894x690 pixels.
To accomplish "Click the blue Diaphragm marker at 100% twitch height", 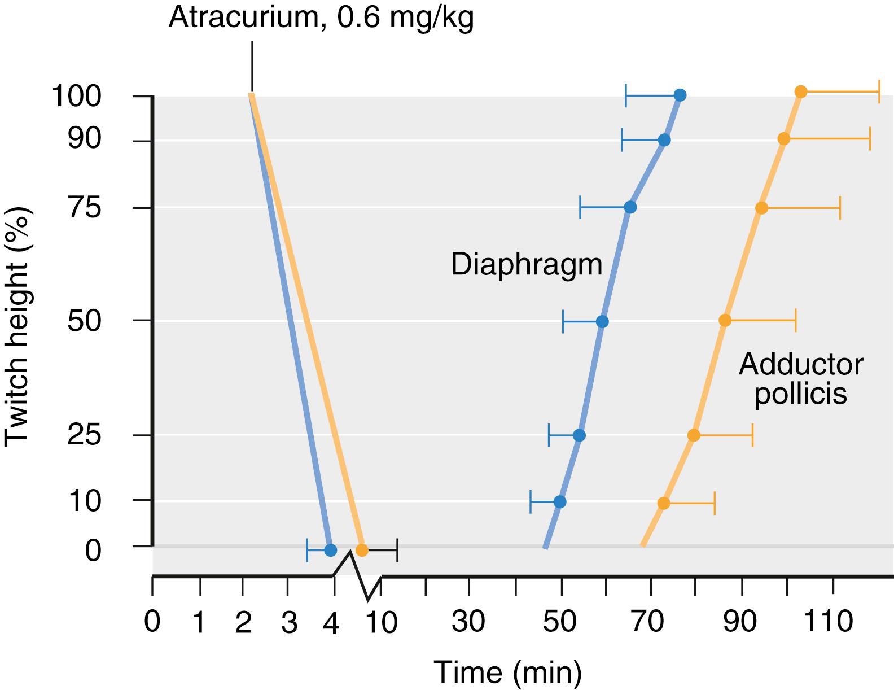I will tap(680, 95).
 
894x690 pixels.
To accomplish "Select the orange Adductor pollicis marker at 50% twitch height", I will tap(725, 321).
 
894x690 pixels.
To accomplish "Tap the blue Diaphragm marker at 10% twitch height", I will tap(560, 501).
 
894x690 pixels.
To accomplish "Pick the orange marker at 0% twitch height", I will tap(362, 550).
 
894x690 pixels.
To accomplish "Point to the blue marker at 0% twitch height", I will tap(331, 550).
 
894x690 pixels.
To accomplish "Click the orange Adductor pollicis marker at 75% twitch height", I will tap(761, 208).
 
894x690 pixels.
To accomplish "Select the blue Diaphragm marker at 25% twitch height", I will tap(579, 435).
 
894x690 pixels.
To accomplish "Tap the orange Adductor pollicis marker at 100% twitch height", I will tap(800, 91).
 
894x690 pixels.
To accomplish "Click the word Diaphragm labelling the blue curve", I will tap(527, 265).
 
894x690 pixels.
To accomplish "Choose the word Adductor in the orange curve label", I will tap(801, 365).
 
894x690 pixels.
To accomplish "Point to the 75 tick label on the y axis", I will tap(85, 208).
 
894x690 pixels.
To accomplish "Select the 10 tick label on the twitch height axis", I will tap(85, 501).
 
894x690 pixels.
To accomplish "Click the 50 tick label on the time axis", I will tap(560, 622).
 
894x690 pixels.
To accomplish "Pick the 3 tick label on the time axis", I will tap(289, 623).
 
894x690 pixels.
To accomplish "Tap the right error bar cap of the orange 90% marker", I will tap(870, 139).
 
